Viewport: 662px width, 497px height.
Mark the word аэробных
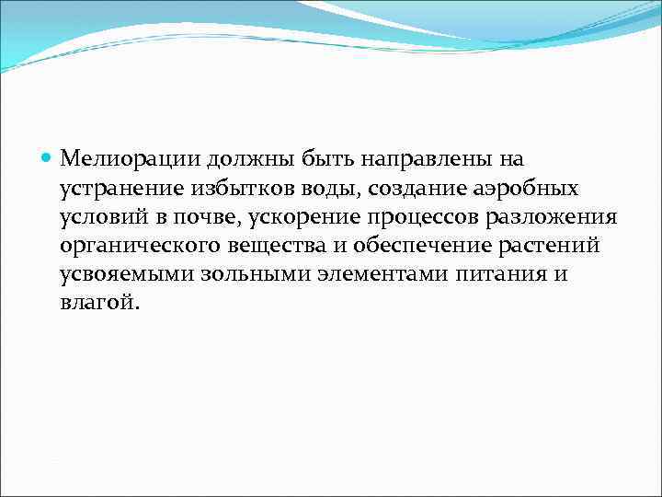tap(527, 189)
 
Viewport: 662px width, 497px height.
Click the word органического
tap(142, 246)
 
